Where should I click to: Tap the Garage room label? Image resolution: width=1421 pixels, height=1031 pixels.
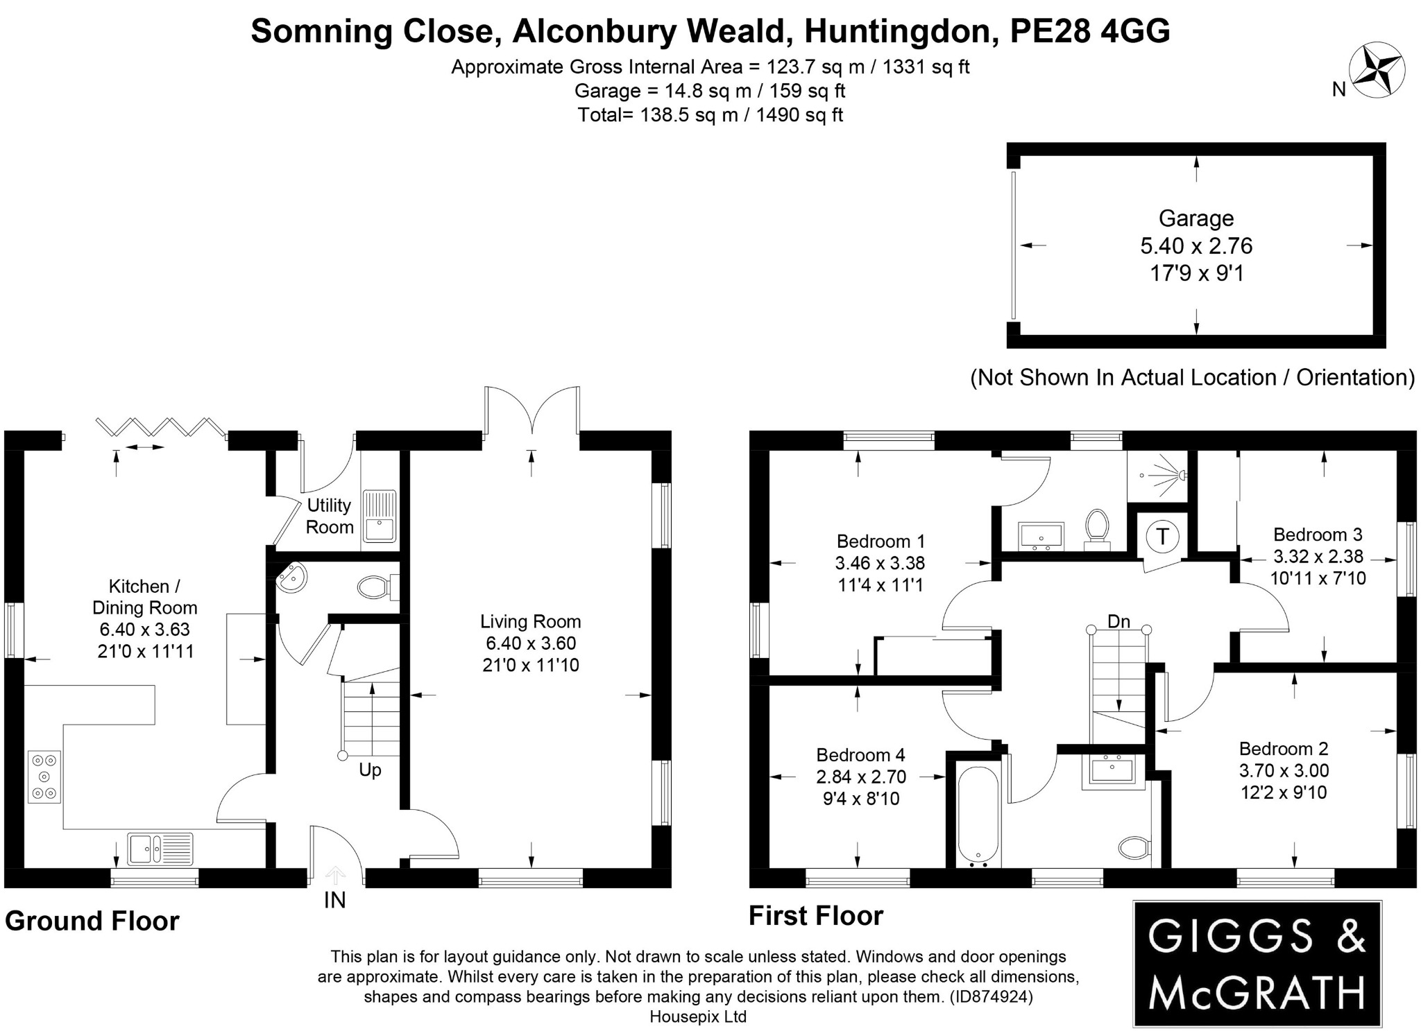point(1196,218)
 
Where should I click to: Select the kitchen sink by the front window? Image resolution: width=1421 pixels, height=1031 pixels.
point(160,848)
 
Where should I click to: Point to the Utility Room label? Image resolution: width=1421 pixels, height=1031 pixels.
point(330,516)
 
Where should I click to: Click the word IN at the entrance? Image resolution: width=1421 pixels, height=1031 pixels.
point(334,901)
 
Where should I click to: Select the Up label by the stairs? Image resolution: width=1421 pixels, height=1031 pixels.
point(370,770)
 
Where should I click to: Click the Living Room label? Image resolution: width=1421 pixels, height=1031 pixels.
point(531,621)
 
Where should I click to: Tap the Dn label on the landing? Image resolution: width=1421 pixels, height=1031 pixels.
point(1118,622)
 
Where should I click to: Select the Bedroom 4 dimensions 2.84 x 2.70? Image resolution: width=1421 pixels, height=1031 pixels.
point(861,777)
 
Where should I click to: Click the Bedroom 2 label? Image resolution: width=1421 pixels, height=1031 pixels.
point(1284,749)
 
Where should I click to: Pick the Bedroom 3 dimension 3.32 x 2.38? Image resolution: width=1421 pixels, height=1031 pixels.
point(1318,557)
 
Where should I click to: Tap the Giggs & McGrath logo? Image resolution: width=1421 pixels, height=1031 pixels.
point(1257,964)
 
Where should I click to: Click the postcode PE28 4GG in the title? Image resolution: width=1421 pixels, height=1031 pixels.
point(1090,31)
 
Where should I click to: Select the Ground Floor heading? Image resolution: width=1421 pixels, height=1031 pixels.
point(92,921)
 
